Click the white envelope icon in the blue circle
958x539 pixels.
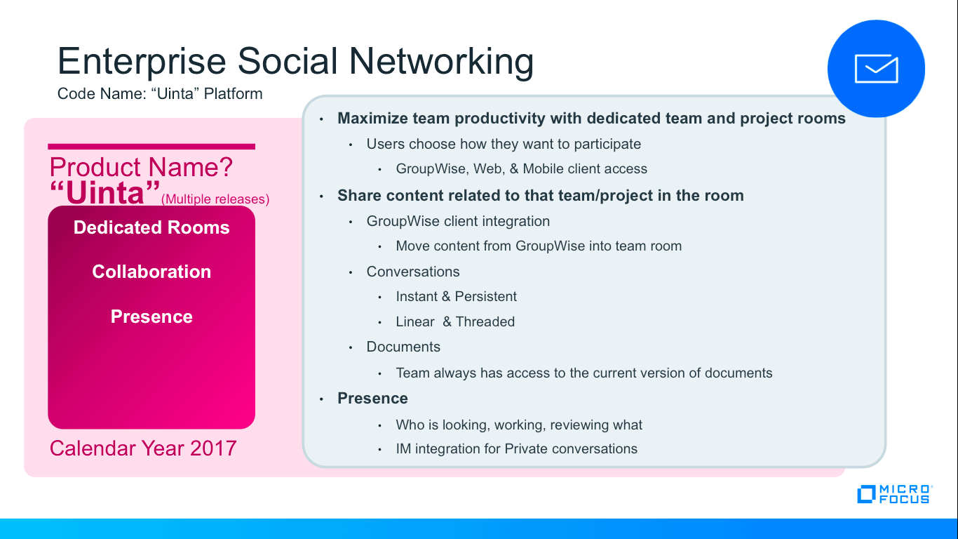tap(877, 69)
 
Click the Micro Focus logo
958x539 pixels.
tap(895, 494)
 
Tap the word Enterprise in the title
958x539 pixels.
tap(142, 62)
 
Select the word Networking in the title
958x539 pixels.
tap(441, 62)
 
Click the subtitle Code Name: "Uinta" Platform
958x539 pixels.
tap(160, 93)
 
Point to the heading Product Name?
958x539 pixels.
tap(141, 167)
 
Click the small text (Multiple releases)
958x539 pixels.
tap(215, 199)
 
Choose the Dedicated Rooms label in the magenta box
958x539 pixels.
tap(151, 227)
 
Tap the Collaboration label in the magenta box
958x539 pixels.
tap(151, 272)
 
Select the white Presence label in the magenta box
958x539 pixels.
tap(151, 317)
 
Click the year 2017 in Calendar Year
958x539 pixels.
tap(213, 448)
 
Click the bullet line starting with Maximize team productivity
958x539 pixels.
tap(591, 118)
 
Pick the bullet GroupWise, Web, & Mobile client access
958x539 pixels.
tap(521, 168)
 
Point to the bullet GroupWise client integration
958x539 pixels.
tap(458, 221)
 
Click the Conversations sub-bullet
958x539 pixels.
tap(413, 272)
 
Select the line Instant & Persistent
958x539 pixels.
tap(457, 296)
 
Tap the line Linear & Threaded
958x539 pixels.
tap(455, 321)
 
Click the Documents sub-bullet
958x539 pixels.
tap(403, 346)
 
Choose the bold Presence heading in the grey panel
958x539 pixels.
tap(372, 398)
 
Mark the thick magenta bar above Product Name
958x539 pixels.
tap(151, 147)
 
